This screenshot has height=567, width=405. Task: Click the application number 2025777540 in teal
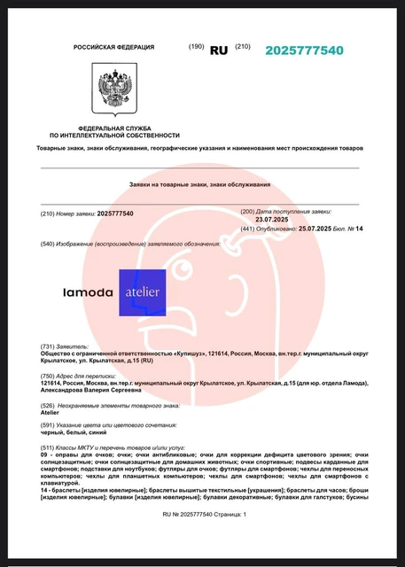[x=304, y=50]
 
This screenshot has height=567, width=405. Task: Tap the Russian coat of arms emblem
[x=115, y=92]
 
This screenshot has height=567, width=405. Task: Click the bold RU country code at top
[x=218, y=50]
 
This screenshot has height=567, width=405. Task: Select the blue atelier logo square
[x=143, y=292]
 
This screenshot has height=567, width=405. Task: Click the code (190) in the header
[x=196, y=46]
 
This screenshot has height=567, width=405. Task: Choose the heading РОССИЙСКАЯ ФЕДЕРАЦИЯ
[x=113, y=47]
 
